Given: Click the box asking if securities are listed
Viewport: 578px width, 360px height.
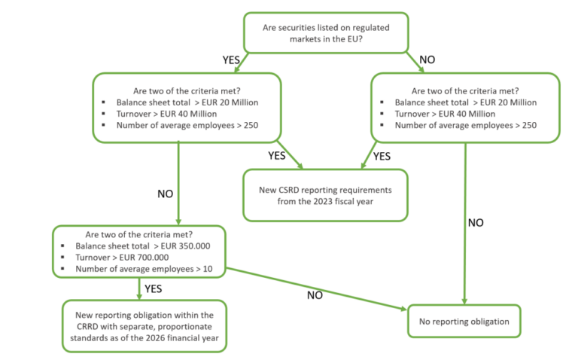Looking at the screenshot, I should click(x=326, y=33).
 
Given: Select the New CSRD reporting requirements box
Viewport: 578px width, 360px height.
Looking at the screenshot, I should click(x=325, y=194).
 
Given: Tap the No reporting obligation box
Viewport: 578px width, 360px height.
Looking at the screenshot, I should click(x=464, y=322).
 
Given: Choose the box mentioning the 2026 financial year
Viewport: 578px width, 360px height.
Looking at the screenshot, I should click(x=144, y=325).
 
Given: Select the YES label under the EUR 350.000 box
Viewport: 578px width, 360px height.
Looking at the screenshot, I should click(x=154, y=288).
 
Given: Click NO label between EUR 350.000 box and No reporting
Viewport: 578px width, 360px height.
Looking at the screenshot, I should click(x=315, y=295).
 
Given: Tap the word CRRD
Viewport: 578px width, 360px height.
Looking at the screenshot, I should click(x=89, y=325).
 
